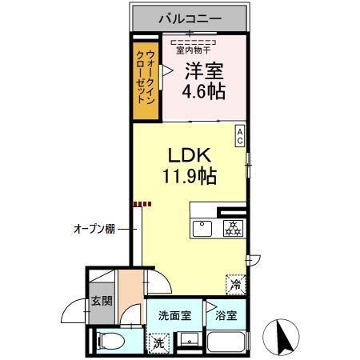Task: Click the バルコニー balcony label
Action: (x=190, y=16)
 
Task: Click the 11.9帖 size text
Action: (x=190, y=174)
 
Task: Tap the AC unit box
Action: (x=239, y=135)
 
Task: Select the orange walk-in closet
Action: (x=146, y=78)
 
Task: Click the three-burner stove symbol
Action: (x=233, y=229)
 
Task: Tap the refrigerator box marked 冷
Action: (x=236, y=284)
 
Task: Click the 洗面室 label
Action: (x=174, y=314)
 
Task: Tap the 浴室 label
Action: (x=226, y=314)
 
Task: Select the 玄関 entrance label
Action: (x=101, y=302)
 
